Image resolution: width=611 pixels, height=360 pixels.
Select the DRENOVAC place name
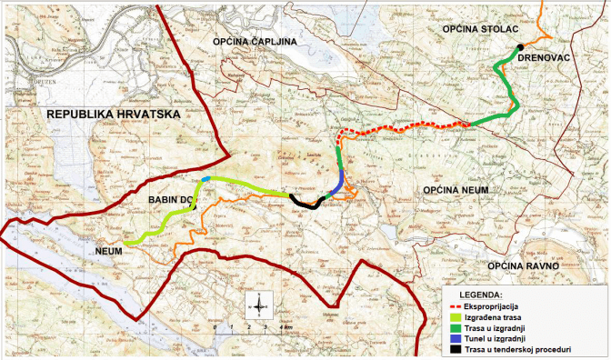544,57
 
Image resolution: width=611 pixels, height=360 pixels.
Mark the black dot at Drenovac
519,47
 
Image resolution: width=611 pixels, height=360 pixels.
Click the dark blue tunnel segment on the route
336,185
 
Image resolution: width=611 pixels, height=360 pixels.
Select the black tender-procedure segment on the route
305,202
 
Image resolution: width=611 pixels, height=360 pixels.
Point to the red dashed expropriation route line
400,129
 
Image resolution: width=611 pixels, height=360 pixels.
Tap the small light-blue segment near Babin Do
207,180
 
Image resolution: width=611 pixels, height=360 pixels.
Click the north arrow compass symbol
258,303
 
